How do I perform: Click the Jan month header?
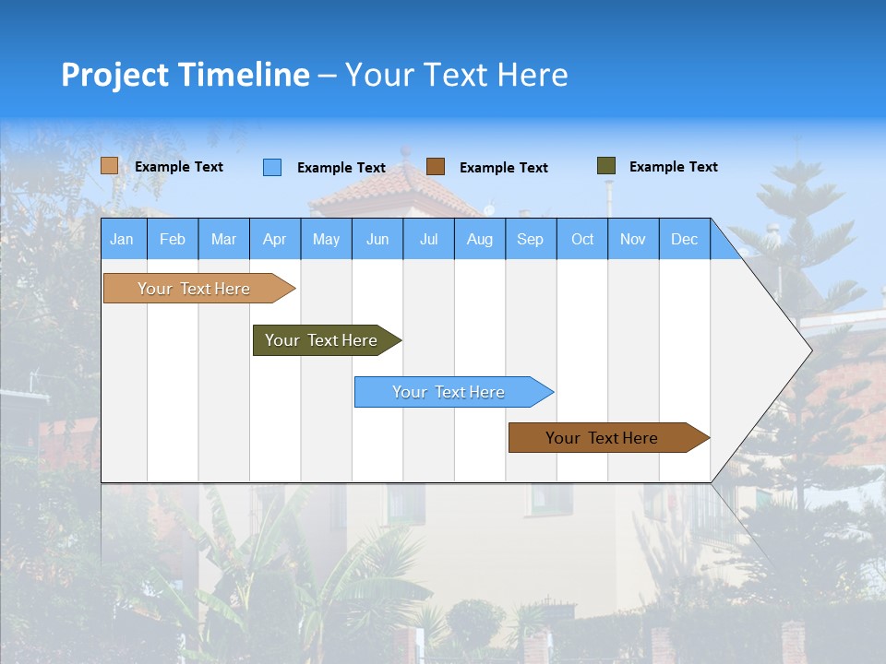point(123,239)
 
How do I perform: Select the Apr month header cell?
point(274,239)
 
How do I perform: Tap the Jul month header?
point(428,239)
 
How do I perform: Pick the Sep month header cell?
point(530,239)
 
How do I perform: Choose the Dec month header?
point(684,239)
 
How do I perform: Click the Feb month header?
point(173,239)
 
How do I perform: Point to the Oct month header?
point(582,239)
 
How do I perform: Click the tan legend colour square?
point(109,166)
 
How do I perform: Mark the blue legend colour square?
point(272,167)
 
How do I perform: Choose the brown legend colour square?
point(436,167)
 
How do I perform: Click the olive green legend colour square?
point(606,166)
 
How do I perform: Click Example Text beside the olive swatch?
point(673,167)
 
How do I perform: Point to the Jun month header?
point(377,239)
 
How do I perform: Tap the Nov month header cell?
point(633,239)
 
